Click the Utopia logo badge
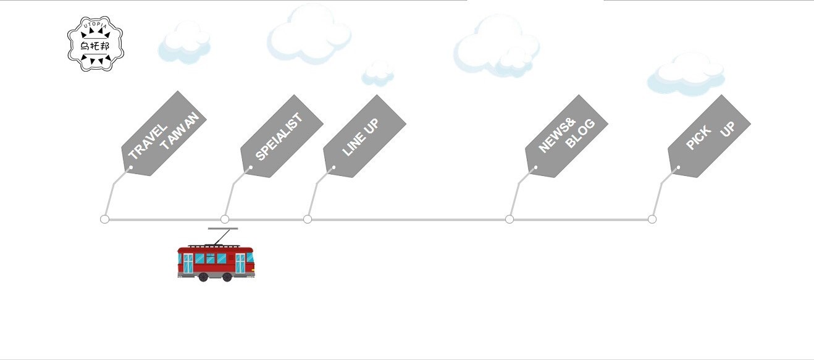[95, 44]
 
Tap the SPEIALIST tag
[281, 136]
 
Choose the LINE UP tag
[364, 136]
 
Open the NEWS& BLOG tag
[566, 136]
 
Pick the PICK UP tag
[709, 136]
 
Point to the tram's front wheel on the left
[203, 277]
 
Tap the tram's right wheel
[227, 277]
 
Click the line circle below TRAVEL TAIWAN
[104, 219]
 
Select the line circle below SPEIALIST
[225, 219]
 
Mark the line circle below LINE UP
[308, 219]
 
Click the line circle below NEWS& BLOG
[510, 219]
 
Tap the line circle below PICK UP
[652, 219]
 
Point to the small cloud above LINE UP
[377, 73]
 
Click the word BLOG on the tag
[581, 133]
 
